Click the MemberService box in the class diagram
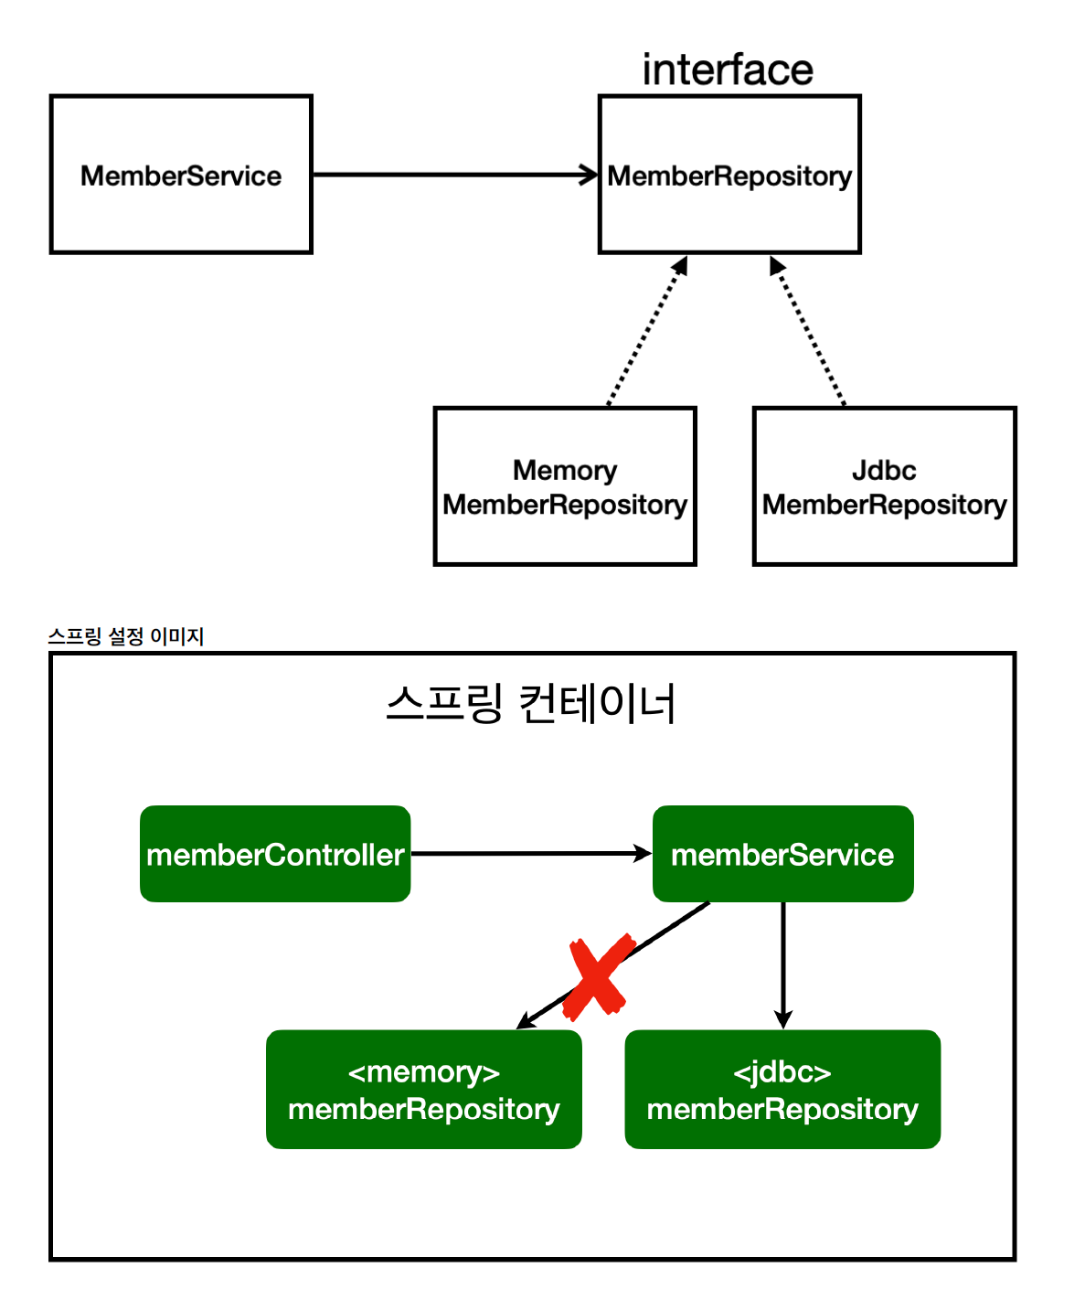181,175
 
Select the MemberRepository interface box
729,175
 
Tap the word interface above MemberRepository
728,70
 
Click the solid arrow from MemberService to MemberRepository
455,174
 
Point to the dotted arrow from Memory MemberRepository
646,332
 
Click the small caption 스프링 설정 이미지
126,636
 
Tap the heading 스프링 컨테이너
531,704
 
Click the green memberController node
275,854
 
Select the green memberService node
782,854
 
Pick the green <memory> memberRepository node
424,1090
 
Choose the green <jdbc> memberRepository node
782,1090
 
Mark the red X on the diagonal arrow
598,977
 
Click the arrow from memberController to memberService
530,853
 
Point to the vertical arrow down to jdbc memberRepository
782,964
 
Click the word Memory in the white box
565,471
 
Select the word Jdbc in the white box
884,471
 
